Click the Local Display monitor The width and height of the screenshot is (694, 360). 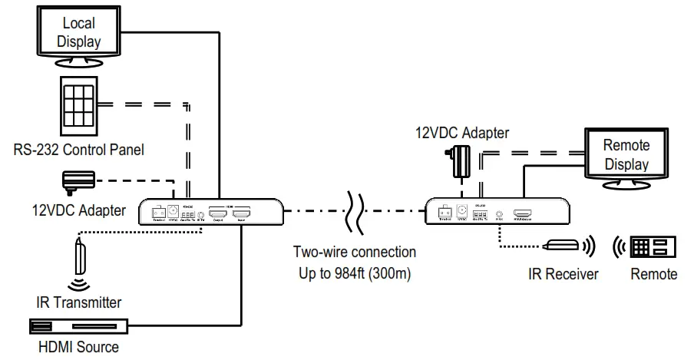click(79, 35)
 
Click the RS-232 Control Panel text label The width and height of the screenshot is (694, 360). click(79, 149)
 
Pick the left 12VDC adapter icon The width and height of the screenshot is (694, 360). click(79, 182)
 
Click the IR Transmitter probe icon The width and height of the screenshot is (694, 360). click(79, 257)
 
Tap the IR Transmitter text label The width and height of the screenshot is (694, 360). click(79, 302)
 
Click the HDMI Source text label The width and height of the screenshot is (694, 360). click(79, 347)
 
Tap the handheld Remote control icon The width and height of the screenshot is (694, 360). click(653, 247)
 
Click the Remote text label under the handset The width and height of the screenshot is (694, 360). click(653, 273)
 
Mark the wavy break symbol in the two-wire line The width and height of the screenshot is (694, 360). click(354, 210)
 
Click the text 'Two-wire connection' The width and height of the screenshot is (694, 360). click(355, 252)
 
